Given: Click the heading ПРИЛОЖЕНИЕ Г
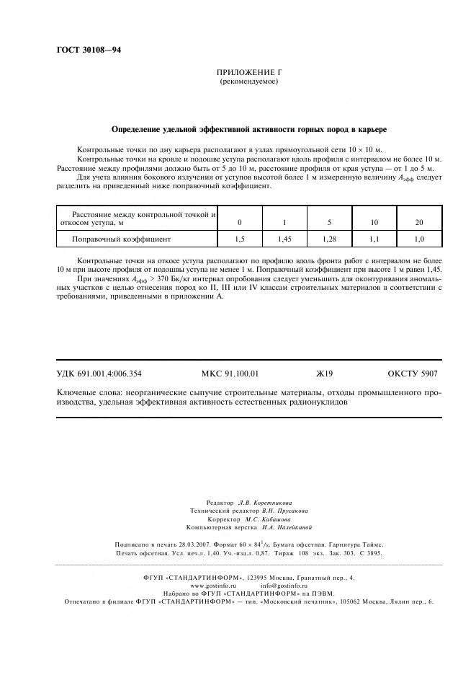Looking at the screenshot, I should point(248,74).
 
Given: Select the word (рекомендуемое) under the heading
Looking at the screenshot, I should point(248,82).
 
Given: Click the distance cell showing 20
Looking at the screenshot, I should point(419,221).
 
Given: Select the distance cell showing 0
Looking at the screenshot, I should point(240,221).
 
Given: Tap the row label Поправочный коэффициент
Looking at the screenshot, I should point(121,237).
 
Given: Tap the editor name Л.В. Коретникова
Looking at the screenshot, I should point(265,502).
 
